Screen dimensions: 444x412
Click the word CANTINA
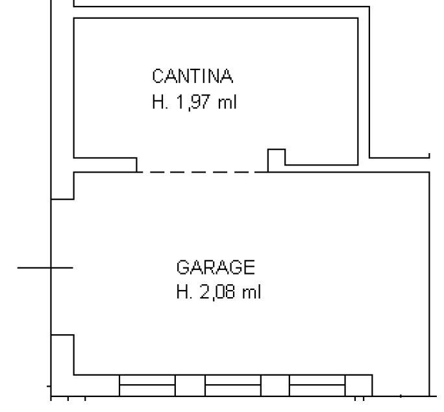193,76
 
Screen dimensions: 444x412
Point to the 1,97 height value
193,102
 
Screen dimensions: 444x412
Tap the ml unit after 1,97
227,102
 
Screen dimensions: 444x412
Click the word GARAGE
216,267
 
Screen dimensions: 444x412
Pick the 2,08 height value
217,292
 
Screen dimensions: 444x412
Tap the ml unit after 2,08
251,292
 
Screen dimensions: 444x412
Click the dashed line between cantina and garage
202,172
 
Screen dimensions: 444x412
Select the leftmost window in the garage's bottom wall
147,385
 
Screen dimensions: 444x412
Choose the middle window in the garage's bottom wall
233,385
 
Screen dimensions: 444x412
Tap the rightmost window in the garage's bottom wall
317,385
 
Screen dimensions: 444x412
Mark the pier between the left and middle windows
190,385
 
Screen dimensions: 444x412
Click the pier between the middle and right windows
275,385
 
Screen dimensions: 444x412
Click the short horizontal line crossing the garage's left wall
45,267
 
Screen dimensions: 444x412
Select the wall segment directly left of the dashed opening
105,165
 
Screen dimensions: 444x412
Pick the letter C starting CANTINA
159,76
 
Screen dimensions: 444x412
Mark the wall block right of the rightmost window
359,385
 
